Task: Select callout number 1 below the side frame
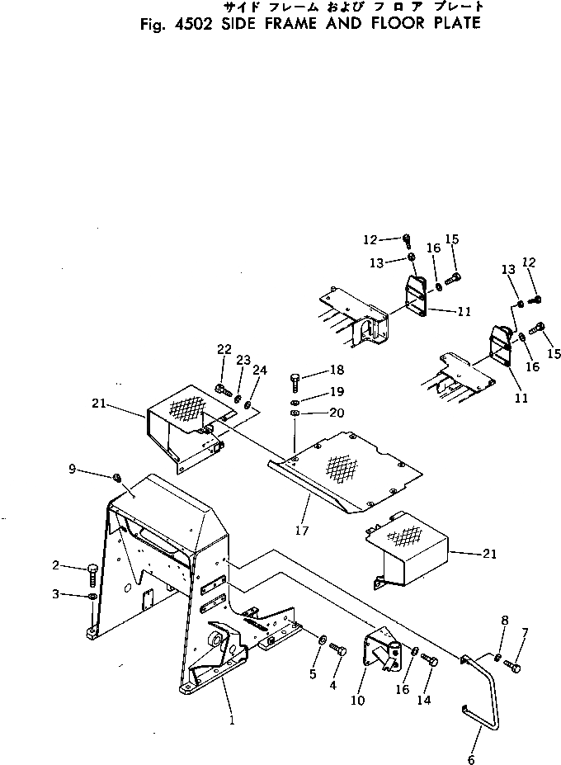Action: (232, 719)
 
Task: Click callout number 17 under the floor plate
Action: (302, 531)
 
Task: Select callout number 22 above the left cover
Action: (224, 350)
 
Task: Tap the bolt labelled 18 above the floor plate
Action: (295, 381)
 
